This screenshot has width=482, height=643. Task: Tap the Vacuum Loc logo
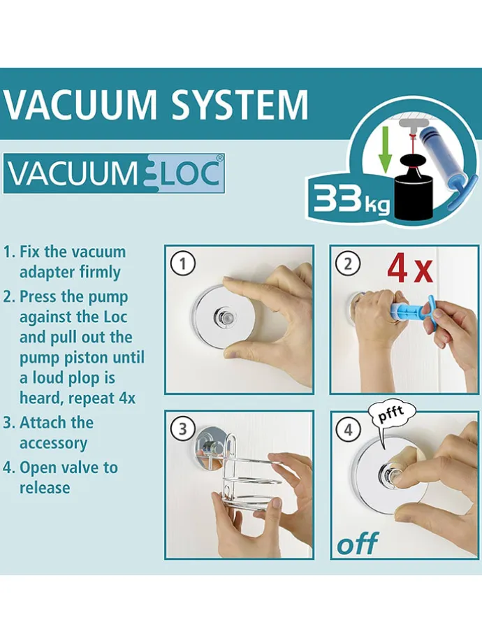114,173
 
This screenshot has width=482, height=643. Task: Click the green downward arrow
384,155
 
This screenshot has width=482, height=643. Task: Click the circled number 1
182,263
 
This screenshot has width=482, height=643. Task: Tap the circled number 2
348,263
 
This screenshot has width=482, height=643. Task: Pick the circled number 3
182,429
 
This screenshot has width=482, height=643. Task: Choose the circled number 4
348,430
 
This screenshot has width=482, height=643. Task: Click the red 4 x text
409,269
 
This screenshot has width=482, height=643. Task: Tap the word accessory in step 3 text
53,443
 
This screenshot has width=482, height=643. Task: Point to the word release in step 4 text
45,488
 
